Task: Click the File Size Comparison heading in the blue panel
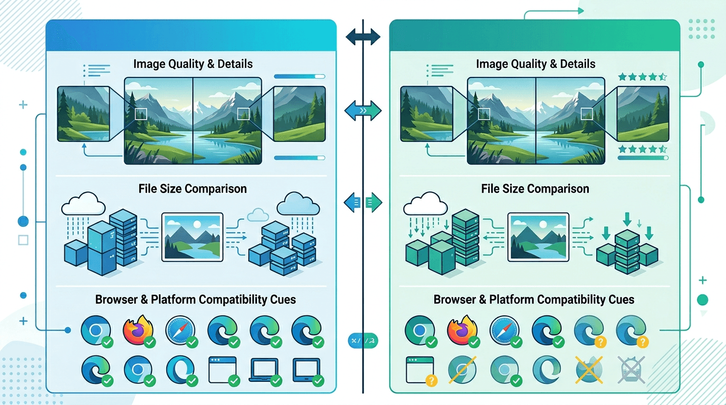[x=192, y=189]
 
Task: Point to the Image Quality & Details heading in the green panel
[x=535, y=64]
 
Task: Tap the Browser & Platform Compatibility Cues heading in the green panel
[x=533, y=300]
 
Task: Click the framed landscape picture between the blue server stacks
[x=193, y=237]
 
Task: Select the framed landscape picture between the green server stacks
[x=538, y=237]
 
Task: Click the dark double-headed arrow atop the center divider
[x=363, y=37]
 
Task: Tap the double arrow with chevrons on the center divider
[x=363, y=111]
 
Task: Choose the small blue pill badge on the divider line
[x=363, y=341]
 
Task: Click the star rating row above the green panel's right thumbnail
[x=643, y=77]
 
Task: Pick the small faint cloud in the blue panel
[x=258, y=214]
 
